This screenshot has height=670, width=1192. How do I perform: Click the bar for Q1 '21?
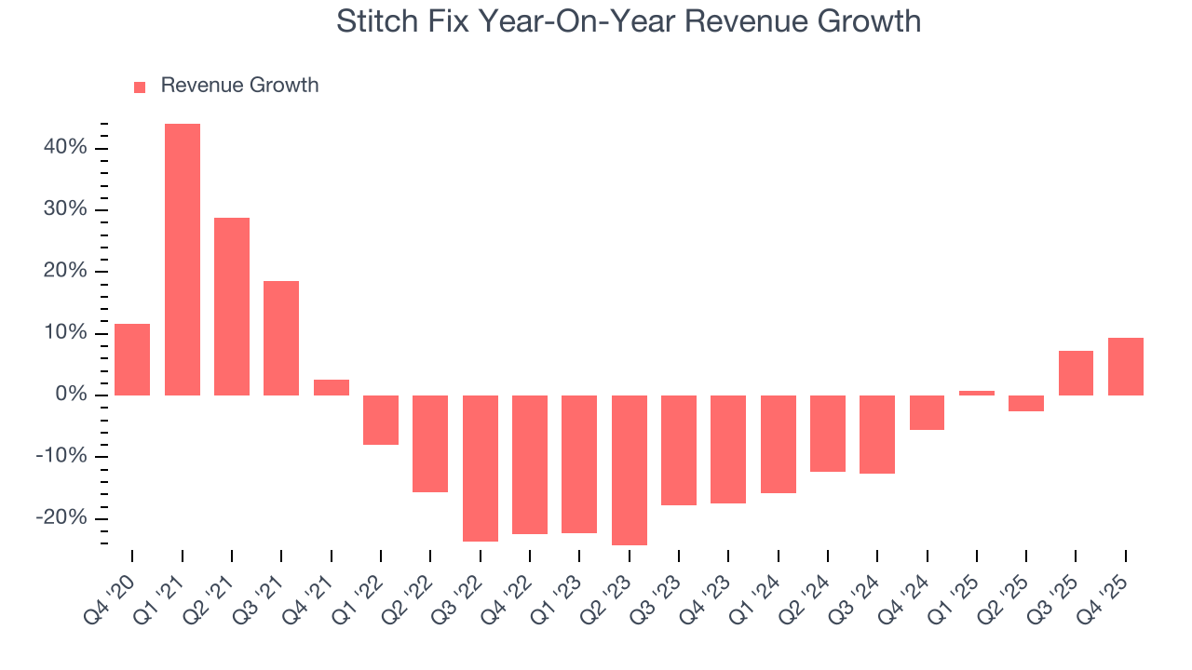[x=183, y=260]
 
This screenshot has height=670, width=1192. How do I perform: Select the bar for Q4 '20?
[x=132, y=359]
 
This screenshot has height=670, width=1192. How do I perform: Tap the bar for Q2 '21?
[x=232, y=306]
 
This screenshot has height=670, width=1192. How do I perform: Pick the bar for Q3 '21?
[x=281, y=338]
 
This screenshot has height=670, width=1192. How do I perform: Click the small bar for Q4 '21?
[x=332, y=387]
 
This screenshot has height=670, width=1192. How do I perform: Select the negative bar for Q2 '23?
[x=630, y=470]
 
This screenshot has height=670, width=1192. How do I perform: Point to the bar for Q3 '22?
[x=481, y=468]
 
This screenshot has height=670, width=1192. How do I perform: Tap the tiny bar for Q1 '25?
[x=977, y=393]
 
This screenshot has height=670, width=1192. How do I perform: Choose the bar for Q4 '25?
[x=1126, y=367]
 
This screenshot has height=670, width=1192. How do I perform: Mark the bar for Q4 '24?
[x=928, y=412]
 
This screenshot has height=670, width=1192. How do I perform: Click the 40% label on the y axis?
[x=65, y=148]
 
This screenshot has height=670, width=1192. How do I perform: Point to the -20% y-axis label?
[x=61, y=518]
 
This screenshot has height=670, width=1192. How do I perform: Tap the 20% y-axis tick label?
[x=65, y=272]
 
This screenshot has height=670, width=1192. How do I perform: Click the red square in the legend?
[x=140, y=87]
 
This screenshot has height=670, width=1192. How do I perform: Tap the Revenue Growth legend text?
[x=239, y=86]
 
